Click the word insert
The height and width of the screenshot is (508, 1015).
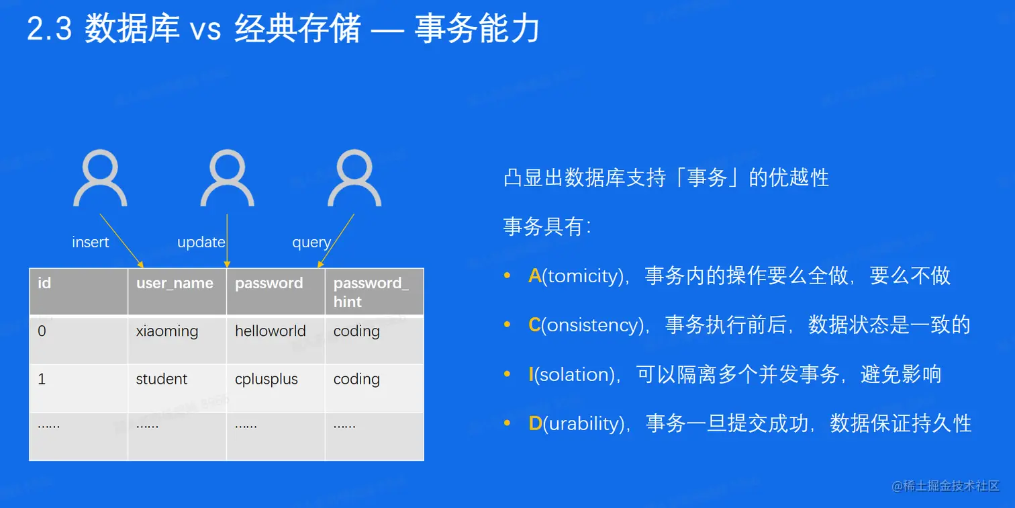91,242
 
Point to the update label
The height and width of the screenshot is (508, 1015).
201,242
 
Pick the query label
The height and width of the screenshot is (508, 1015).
311,243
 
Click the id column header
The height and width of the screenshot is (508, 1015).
44,283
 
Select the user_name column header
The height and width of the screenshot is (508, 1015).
175,284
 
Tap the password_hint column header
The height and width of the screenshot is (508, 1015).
371,292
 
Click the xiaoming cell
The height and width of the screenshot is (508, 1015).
166,331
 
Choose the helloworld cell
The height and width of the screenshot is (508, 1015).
270,331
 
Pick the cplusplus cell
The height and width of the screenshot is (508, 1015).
266,379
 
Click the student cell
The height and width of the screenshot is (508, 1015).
161,379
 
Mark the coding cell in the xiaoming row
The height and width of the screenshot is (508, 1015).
356,331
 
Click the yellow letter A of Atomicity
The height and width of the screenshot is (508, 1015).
535,276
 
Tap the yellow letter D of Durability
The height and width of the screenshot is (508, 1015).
536,423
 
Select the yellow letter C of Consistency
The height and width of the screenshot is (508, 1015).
534,325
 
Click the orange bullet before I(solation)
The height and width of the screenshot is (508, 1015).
507,374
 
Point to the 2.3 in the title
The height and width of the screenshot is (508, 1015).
50,29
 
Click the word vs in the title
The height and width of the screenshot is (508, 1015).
205,31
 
